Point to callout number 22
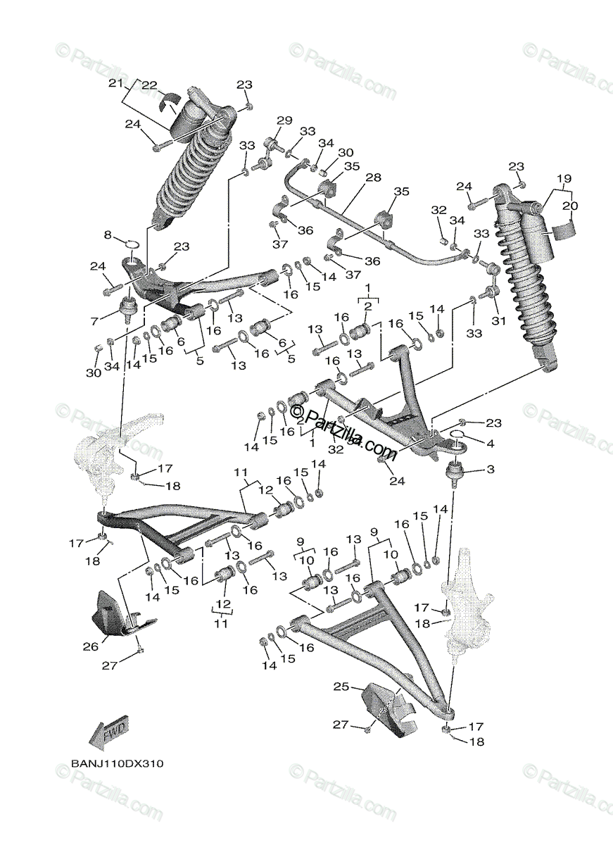(149, 85)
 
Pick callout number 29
(284, 121)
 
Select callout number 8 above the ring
(108, 234)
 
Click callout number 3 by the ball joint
(490, 469)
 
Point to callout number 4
(490, 444)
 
